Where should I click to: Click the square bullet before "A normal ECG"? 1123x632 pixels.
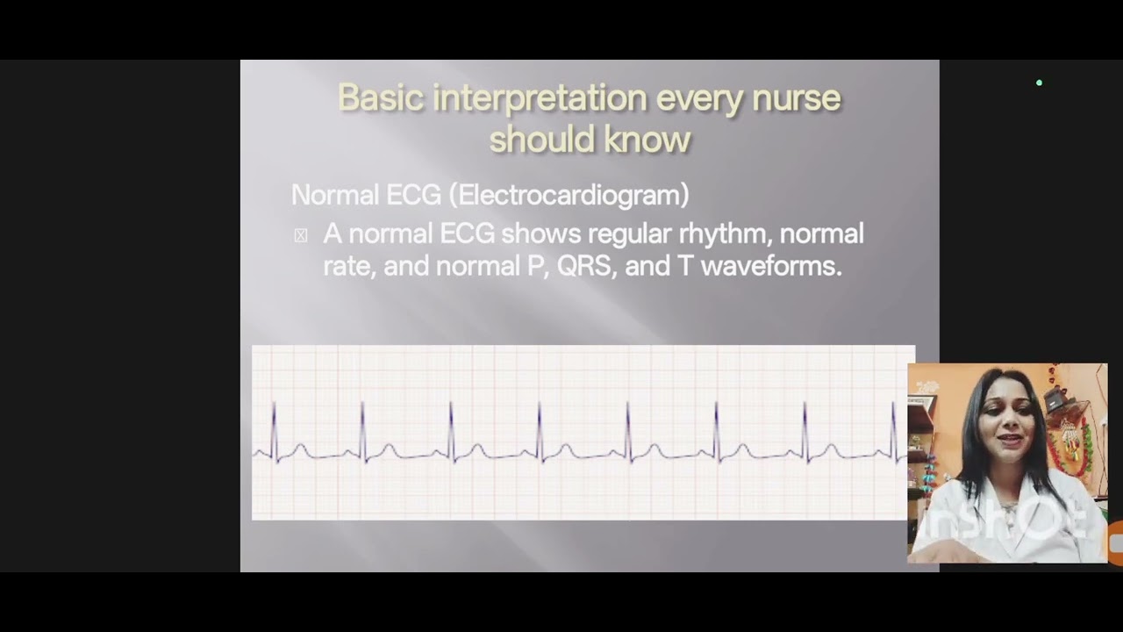[x=301, y=235]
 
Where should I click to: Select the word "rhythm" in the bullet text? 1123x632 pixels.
[x=724, y=233]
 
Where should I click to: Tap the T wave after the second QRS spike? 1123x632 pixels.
[x=389, y=450]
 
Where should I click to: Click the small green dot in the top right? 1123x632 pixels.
[x=1039, y=83]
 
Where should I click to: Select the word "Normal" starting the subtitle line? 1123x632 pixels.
[x=328, y=195]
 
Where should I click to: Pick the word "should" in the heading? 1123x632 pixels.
[x=540, y=139]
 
